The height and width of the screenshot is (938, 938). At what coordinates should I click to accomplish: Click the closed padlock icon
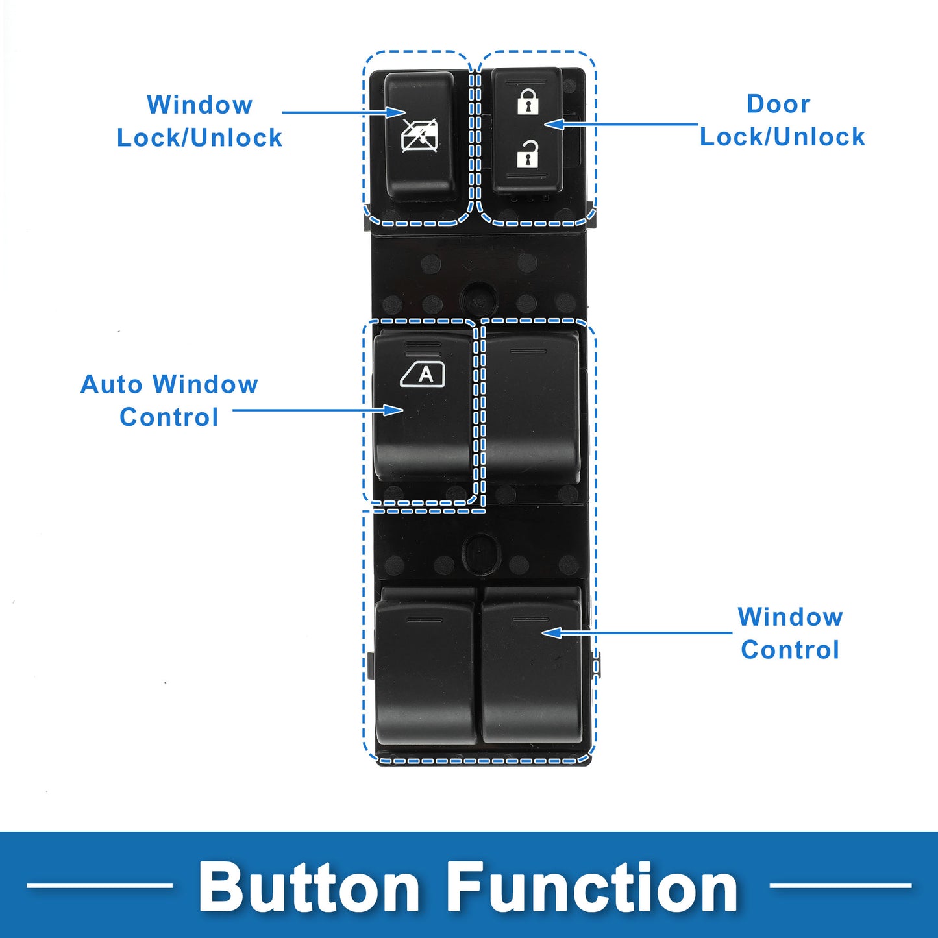tap(528, 103)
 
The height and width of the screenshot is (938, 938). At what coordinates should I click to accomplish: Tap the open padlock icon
tap(527, 154)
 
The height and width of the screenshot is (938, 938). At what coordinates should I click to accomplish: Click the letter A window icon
tap(423, 374)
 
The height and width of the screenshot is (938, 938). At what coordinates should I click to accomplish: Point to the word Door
tap(778, 104)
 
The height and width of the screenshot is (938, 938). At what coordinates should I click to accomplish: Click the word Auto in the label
tap(112, 384)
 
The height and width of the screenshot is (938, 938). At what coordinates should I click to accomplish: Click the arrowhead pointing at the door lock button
tap(552, 123)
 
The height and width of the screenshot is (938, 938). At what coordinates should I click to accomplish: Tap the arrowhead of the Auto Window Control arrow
tap(394, 410)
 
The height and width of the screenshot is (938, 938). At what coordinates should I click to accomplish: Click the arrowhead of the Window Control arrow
tap(550, 632)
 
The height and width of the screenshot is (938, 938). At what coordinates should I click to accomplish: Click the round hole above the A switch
tap(478, 299)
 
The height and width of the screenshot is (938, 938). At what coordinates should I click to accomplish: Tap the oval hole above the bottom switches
tap(481, 553)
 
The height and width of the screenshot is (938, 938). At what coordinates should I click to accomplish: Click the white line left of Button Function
tap(99, 885)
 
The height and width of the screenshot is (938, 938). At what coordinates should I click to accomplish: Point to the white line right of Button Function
tap(840, 885)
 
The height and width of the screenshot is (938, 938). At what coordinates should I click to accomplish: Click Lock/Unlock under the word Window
tap(199, 138)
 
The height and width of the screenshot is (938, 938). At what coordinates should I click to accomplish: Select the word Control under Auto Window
tap(169, 417)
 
